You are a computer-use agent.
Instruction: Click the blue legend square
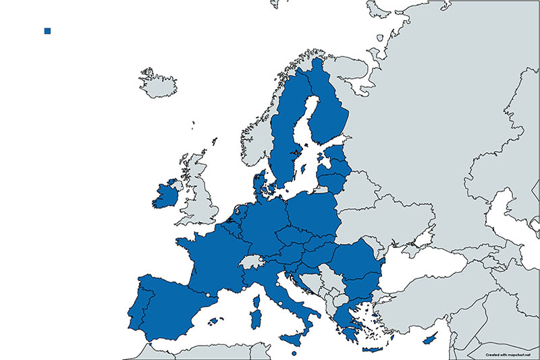[47, 31]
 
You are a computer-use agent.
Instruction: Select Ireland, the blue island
[164, 197]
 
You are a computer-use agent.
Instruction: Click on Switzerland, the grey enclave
[251, 261]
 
